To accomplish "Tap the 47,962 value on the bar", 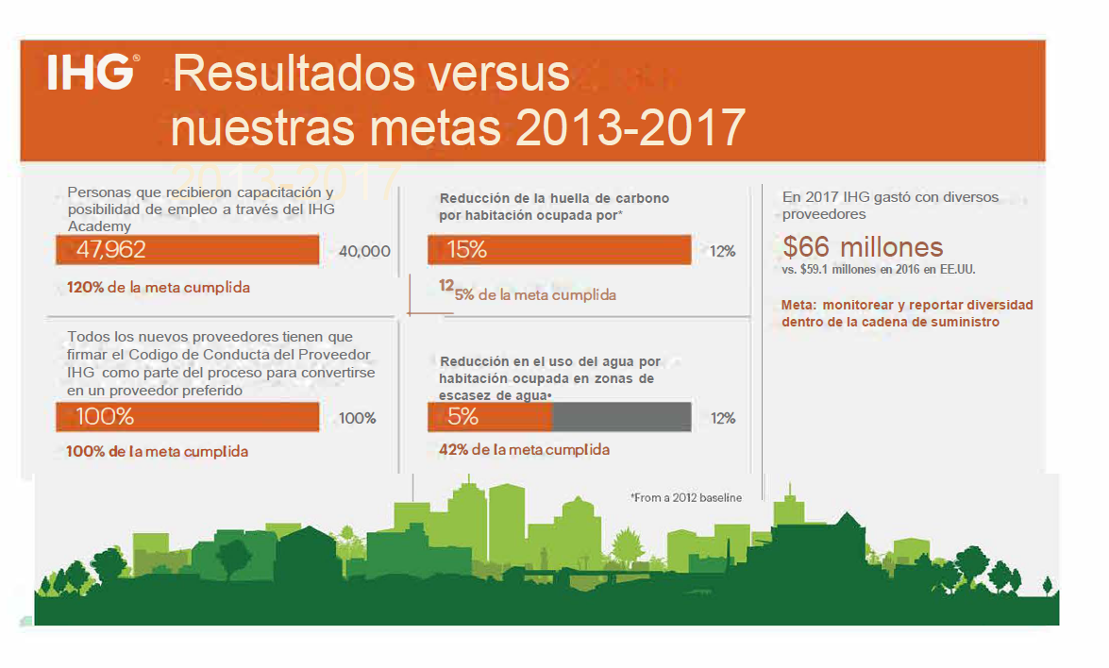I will [110, 250].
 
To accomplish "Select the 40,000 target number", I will [363, 251].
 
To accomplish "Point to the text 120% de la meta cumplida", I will [159, 287].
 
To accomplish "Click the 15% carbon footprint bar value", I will [466, 250].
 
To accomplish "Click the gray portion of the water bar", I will [621, 417].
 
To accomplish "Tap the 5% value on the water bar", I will [462, 417].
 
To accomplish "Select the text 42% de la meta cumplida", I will [524, 450].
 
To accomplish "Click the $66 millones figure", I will [863, 247].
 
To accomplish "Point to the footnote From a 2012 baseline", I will [686, 497].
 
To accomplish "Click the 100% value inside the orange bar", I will [104, 417].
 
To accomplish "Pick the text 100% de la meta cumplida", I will [158, 452].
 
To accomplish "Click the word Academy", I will [99, 226].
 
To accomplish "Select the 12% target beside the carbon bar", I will [723, 252].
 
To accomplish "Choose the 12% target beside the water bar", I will [723, 418].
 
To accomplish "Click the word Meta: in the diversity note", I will [798, 306].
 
